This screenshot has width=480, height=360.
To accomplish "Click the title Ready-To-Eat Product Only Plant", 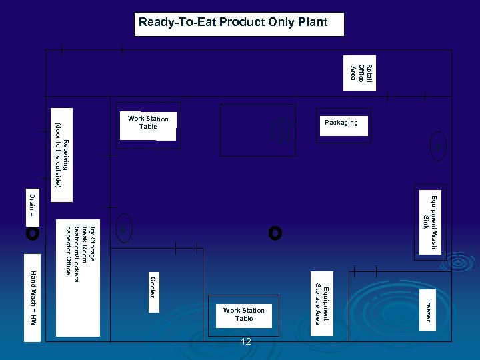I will (x=233, y=23).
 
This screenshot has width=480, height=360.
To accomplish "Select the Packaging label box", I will (x=343, y=123).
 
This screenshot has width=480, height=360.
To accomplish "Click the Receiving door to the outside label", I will (x=63, y=154).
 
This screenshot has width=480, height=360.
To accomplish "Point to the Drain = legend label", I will (x=31, y=205).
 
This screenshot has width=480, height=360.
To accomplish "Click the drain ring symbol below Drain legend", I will (x=32, y=233).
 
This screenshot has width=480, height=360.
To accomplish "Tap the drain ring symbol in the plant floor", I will (x=275, y=233).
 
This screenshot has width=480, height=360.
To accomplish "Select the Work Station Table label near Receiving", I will (x=148, y=123).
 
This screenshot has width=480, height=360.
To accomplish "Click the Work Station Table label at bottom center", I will (x=244, y=315).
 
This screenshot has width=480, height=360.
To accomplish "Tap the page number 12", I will (x=246, y=342).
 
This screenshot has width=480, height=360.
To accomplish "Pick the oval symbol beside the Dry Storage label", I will (x=123, y=227).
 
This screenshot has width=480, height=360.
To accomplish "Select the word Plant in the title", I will (x=312, y=23).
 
